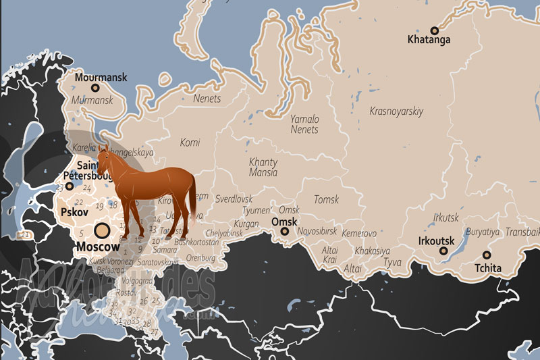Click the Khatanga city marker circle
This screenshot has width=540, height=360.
tap(435, 30)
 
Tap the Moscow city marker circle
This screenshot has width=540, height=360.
tap(103, 231)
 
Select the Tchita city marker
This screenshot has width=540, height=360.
tap(487, 255)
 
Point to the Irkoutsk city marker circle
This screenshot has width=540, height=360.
tap(443, 251)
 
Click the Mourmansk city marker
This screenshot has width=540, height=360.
tap(95, 87)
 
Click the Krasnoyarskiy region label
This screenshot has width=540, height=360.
tap(396, 111)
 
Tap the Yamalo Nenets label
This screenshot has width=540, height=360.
tap(304, 124)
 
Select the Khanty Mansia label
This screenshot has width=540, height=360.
tap(263, 167)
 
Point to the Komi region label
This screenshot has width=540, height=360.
tap(190, 142)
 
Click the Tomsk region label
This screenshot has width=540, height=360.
tap(326, 199)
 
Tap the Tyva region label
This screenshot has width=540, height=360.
tap(392, 261)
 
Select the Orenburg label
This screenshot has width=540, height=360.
tap(200, 257)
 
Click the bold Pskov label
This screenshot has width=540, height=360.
tap(74, 211)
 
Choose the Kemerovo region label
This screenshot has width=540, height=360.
tap(359, 233)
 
